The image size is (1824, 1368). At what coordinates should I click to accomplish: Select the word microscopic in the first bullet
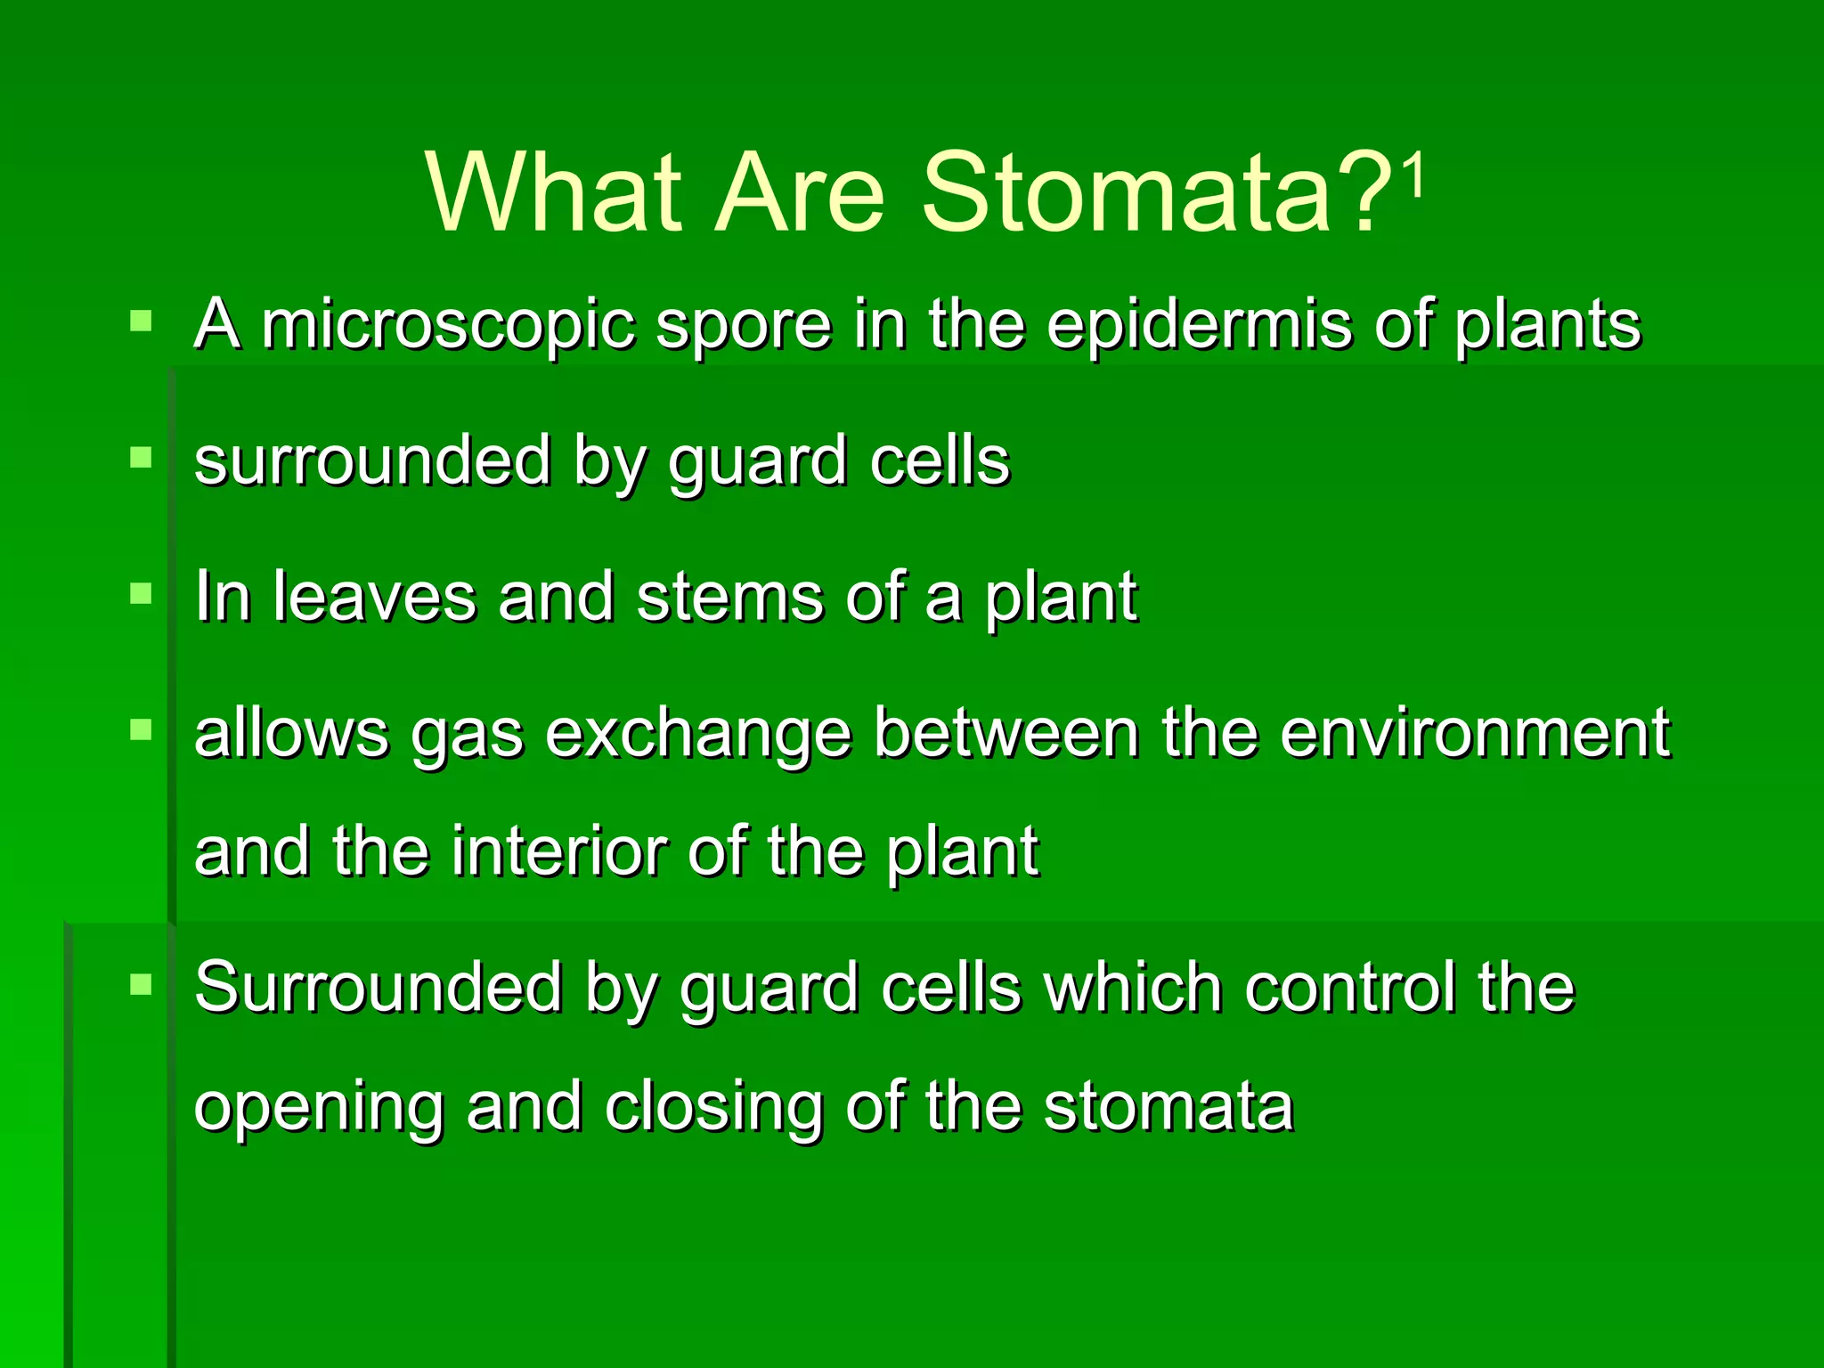coord(448,325)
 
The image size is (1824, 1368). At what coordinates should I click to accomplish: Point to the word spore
coord(744,325)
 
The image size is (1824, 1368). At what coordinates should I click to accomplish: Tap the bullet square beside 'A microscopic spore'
coord(141,321)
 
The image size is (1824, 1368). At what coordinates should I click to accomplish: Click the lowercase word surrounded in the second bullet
coord(372,461)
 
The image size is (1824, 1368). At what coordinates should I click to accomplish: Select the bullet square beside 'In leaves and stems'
coord(141,593)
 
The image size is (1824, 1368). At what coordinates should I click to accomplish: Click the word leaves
coord(374,597)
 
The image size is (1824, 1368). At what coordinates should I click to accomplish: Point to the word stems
coord(730,597)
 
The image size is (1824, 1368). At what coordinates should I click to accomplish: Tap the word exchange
coord(698,735)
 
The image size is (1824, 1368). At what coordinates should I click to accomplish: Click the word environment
coord(1475,733)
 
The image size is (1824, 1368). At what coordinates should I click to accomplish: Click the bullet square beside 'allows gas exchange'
coord(141,730)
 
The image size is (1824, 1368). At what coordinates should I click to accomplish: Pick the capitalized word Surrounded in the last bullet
coord(379,988)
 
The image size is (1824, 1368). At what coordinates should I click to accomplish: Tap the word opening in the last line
coord(319,1109)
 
